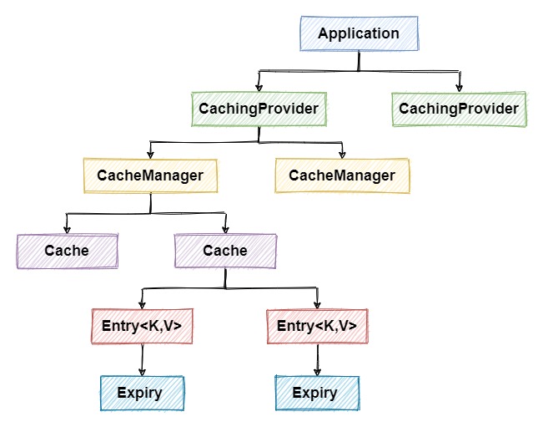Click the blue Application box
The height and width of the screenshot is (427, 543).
tap(359, 34)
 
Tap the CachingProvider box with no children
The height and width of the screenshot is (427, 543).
tap(459, 109)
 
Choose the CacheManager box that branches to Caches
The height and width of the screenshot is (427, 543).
tap(150, 175)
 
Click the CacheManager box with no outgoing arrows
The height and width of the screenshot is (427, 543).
tap(342, 175)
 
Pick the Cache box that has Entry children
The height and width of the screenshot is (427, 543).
tap(225, 251)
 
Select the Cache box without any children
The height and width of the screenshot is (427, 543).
tap(67, 251)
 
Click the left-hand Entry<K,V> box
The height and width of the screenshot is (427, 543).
tap(142, 326)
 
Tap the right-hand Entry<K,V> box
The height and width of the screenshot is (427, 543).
tap(317, 326)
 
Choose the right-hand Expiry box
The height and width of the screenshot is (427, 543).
tap(317, 393)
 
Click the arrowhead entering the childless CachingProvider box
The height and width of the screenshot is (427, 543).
tap(459, 88)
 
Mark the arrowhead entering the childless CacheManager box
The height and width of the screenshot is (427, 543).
tap(342, 155)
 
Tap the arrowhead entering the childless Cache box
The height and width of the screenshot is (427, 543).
tap(67, 230)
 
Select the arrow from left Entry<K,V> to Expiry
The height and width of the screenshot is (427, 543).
tap(142, 359)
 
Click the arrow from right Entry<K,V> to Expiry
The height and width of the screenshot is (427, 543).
tap(317, 359)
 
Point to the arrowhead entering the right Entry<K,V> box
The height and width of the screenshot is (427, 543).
tap(317, 305)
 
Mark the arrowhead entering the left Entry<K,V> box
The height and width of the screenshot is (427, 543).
tap(142, 305)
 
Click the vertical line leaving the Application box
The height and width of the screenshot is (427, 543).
tap(359, 61)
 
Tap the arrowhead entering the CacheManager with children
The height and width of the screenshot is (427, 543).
tap(150, 155)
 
